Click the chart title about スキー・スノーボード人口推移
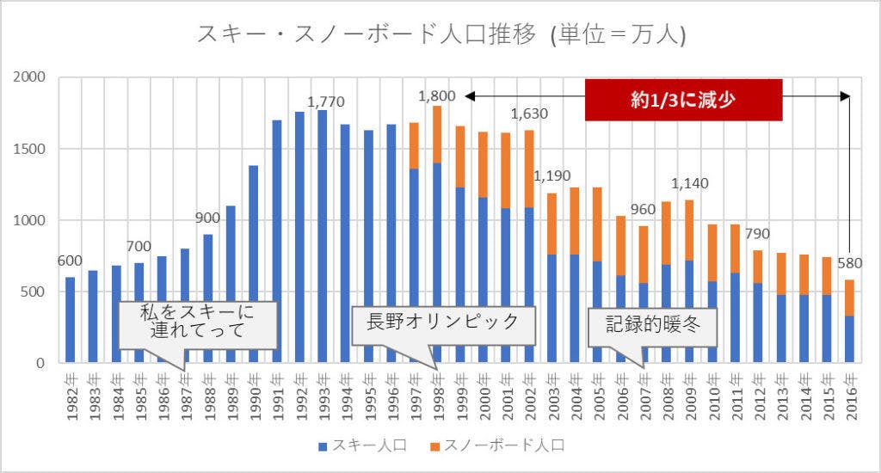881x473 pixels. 440,34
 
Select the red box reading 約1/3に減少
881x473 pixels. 683,100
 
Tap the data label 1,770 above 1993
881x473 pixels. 325,101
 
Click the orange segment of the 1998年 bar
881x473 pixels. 437,134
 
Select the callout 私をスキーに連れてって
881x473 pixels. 197,324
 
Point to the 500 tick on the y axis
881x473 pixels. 34,292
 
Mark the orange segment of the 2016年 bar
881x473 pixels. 850,298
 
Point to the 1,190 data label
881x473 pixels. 551,176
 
